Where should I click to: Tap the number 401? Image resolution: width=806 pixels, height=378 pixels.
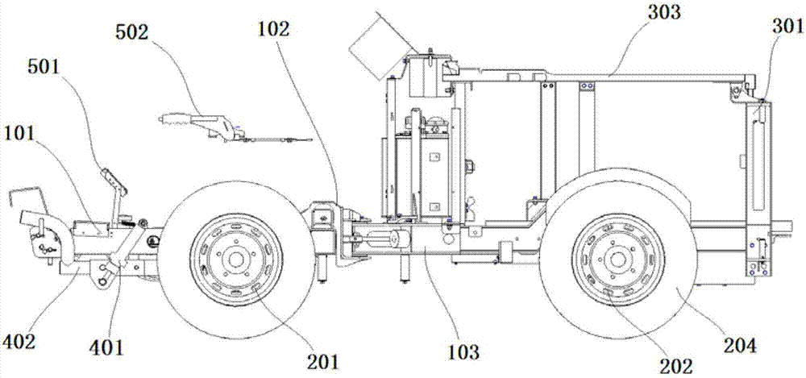(x=106, y=347)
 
